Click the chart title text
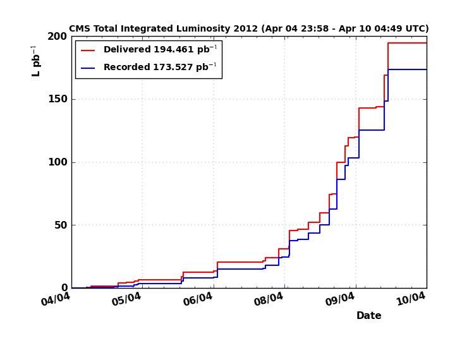coord(248,29)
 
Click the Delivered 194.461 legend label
coord(160,50)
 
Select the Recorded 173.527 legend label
coord(160,68)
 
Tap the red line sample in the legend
coord(88,51)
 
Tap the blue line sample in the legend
coord(88,68)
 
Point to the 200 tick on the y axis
coord(58,37)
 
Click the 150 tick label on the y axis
coord(58,99)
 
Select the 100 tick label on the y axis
coord(58,162)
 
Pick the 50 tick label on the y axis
coord(60,225)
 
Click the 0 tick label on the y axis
coord(64,288)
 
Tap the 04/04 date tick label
coord(56,299)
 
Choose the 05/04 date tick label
coord(126,299)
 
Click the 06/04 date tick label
coord(198,299)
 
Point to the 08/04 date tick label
coord(269,299)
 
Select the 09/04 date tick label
coord(340,299)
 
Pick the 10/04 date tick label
coord(411,299)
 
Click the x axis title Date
coord(368,316)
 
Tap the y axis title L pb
coord(36,61)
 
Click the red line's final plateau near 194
coord(408,43)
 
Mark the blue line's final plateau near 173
coord(408,69)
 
